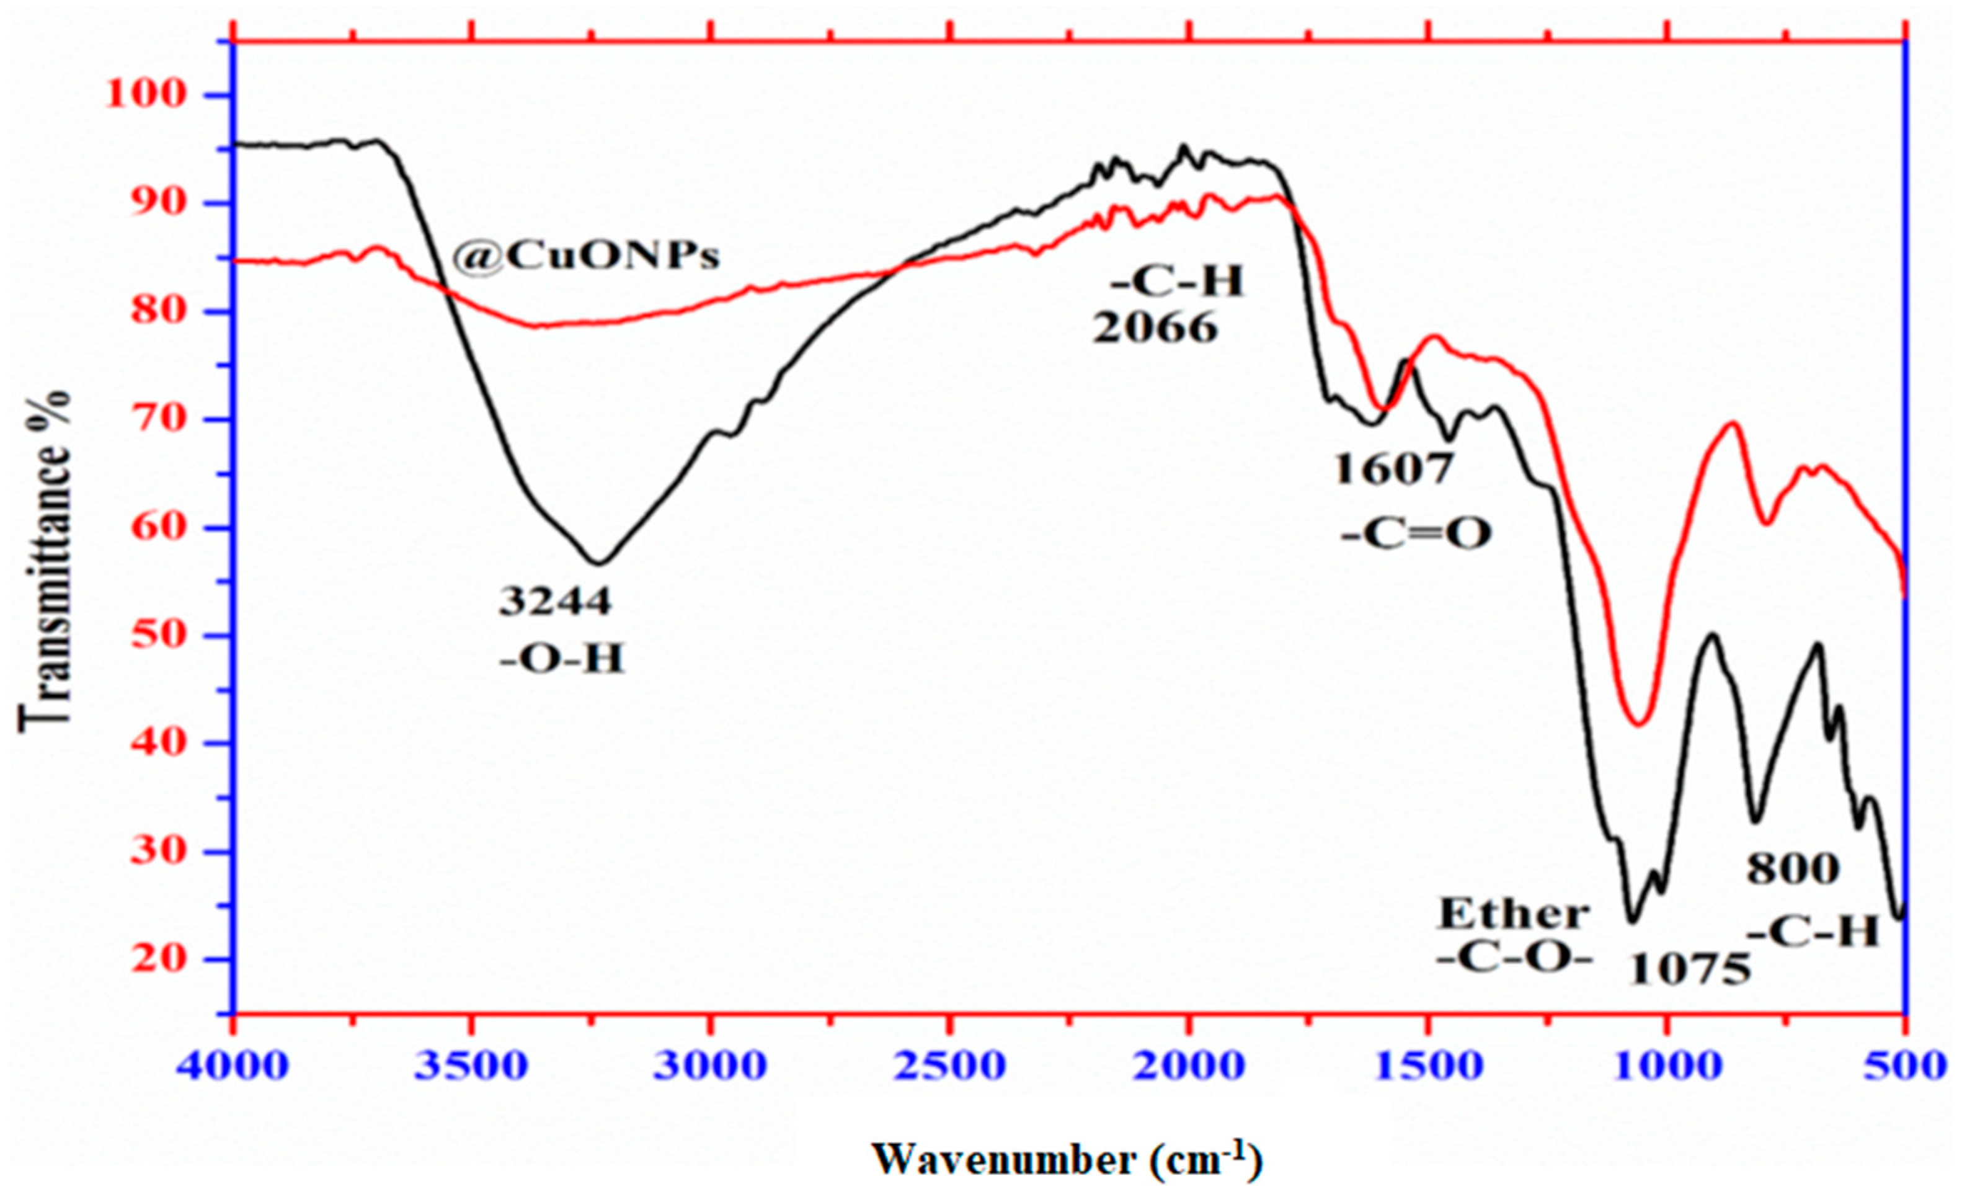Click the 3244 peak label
555,602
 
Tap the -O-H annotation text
562,659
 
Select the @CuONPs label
586,256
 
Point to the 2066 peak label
1155,327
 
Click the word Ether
1513,914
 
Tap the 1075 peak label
1690,970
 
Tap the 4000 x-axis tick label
233,1066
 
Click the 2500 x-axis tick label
949,1066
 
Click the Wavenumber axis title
1067,1160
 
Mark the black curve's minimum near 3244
599,563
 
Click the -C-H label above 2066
1176,280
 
